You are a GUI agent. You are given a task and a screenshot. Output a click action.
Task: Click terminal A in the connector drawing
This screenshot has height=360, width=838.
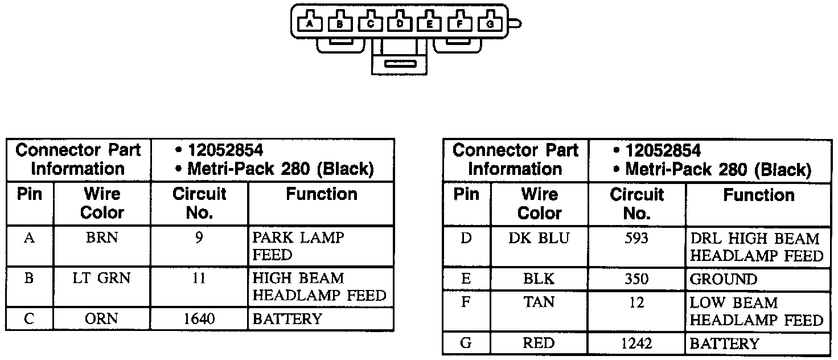click(x=309, y=23)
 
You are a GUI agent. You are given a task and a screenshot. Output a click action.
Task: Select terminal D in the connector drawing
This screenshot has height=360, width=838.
click(x=400, y=23)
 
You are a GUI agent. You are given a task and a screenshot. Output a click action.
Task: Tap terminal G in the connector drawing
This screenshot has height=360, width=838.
click(x=490, y=23)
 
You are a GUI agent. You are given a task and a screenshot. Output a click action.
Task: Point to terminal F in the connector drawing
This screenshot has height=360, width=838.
click(x=460, y=23)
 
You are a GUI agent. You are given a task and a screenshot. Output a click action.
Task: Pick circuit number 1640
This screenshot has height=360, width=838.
click(x=199, y=319)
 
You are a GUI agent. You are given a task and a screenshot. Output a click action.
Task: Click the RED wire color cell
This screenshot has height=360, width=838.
click(x=539, y=343)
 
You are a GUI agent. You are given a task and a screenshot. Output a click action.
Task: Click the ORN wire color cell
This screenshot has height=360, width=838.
click(x=102, y=319)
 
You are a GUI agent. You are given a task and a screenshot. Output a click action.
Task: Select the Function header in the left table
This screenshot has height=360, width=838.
click(x=322, y=195)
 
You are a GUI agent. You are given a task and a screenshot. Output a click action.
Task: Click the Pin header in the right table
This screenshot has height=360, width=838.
click(x=466, y=195)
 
